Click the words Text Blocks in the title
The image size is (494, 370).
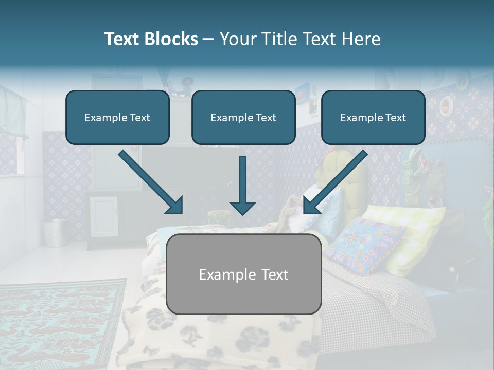tap(151, 39)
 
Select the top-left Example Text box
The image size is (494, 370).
tap(117, 118)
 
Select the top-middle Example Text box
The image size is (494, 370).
tap(243, 118)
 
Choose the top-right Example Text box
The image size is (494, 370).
tap(373, 118)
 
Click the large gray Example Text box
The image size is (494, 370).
tap(244, 274)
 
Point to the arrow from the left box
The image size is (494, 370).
tap(151, 182)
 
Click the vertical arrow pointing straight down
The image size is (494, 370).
tap(242, 185)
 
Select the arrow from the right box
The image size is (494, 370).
tap(336, 182)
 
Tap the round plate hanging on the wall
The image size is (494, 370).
tap(446, 105)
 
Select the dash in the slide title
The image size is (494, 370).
tap(208, 39)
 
